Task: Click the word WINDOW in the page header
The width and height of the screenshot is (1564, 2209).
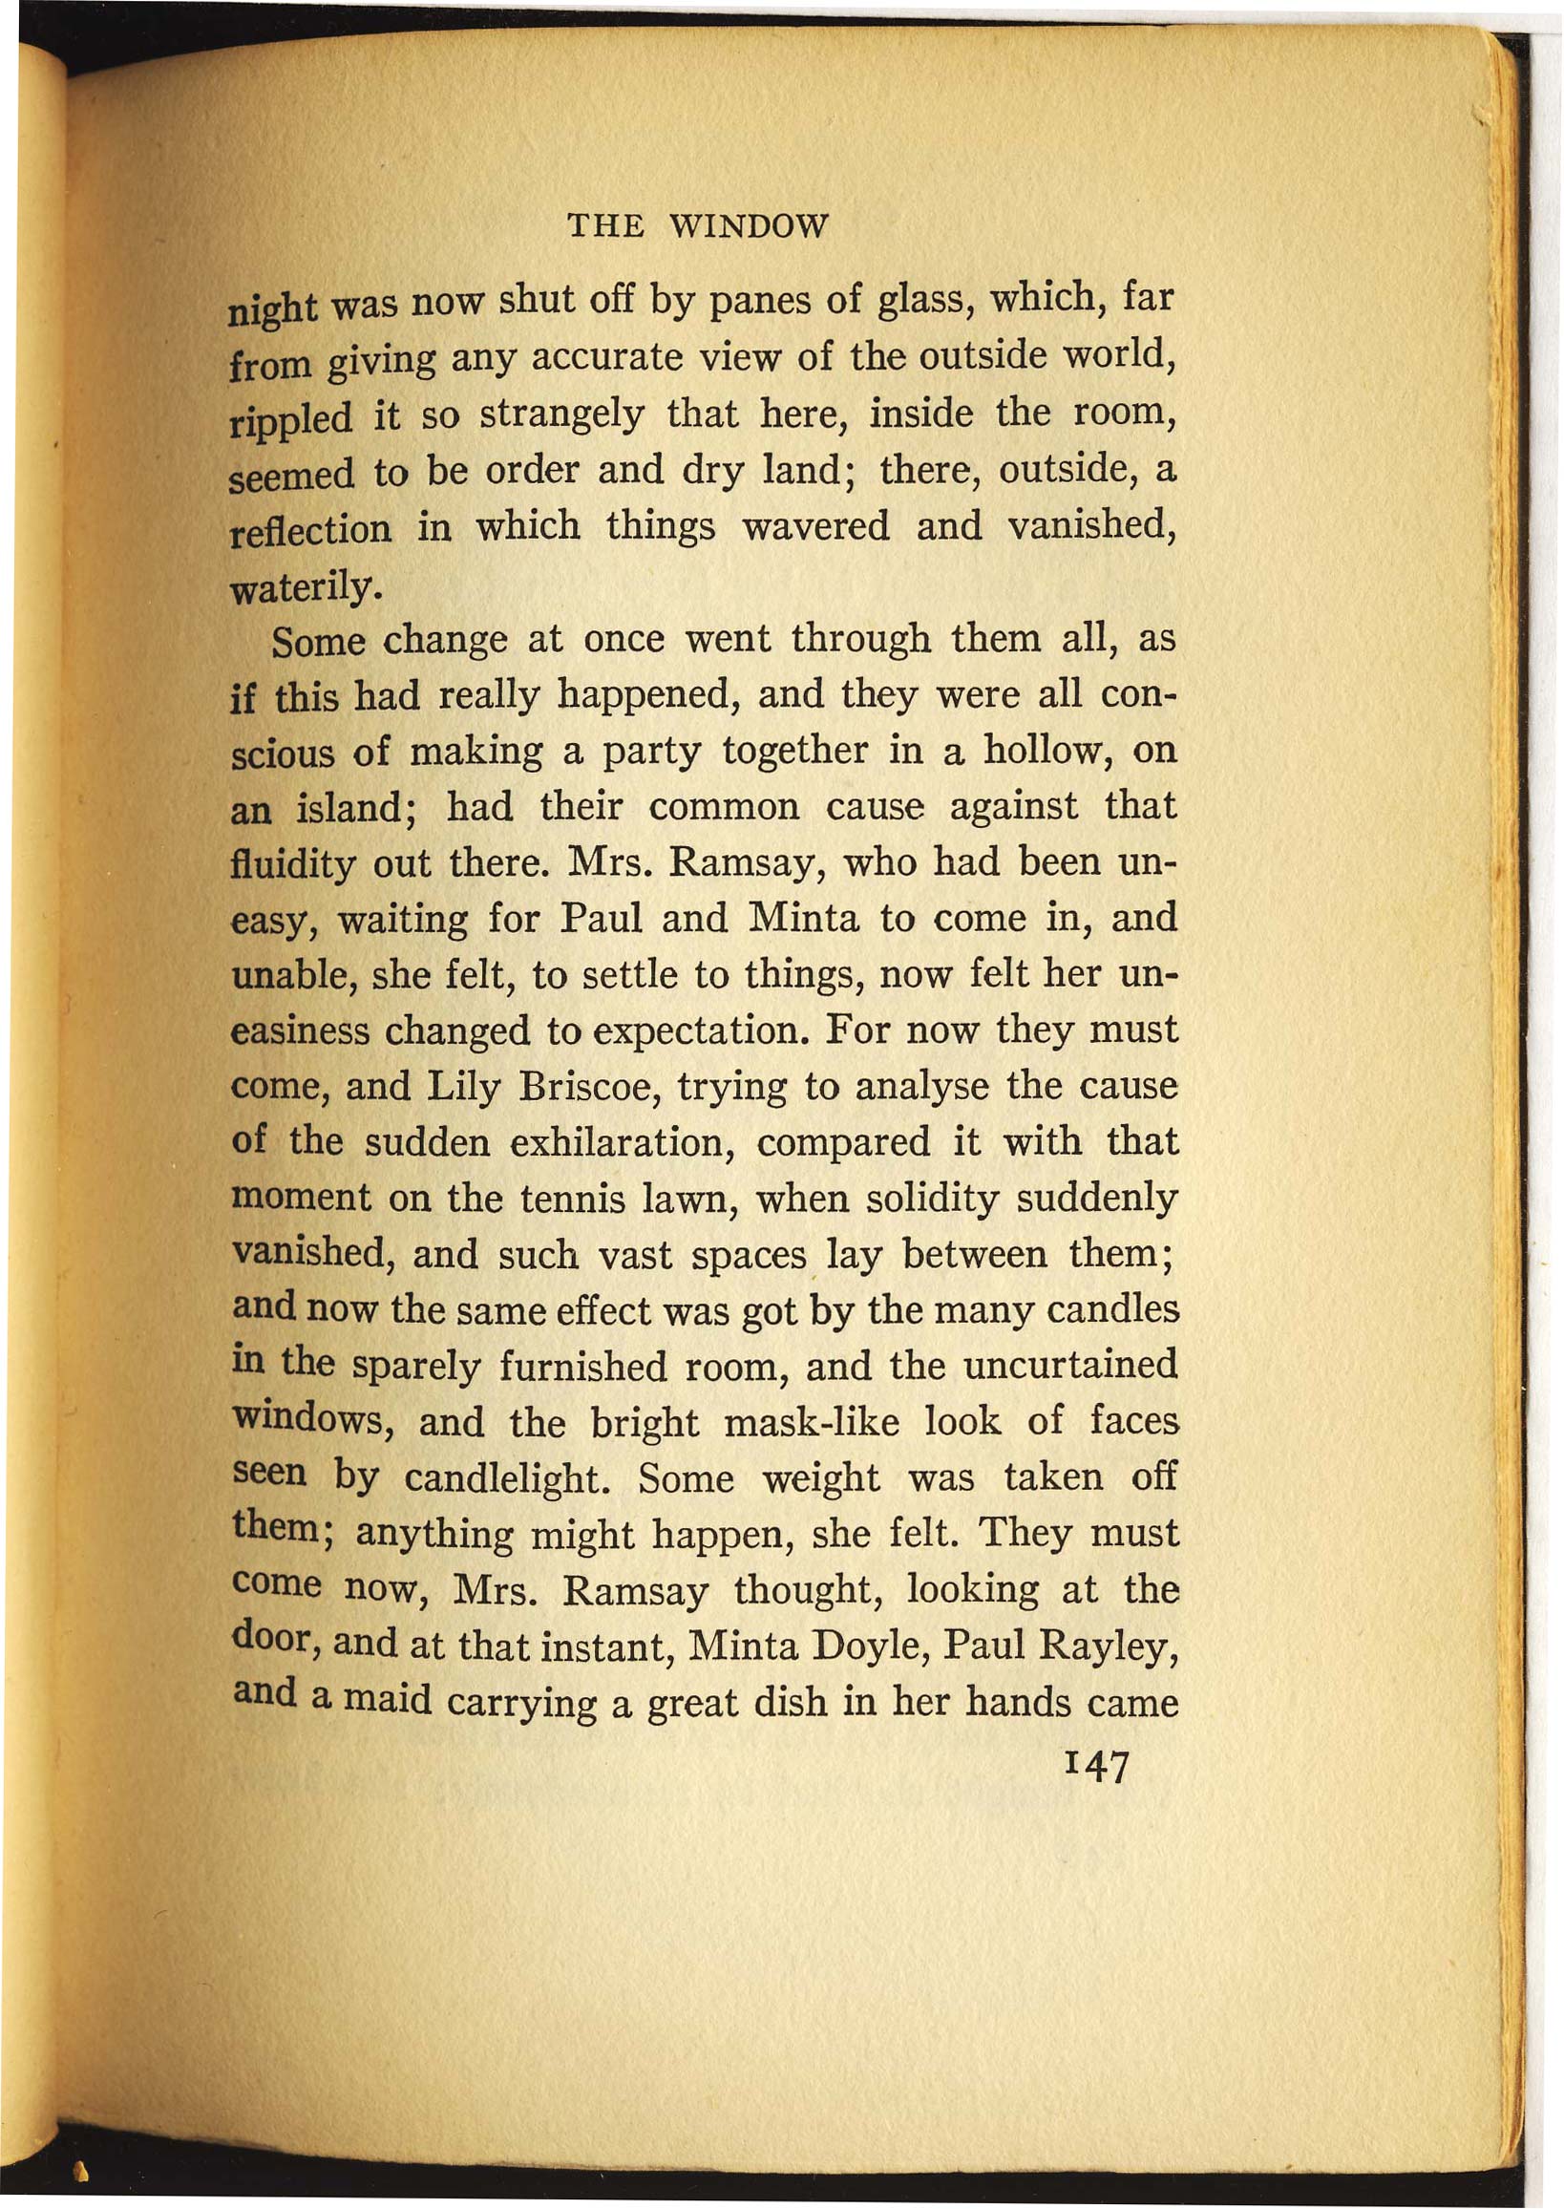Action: (x=748, y=226)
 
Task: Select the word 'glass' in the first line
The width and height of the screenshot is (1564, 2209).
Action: (x=922, y=300)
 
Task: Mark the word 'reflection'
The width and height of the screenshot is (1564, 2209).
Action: (x=312, y=532)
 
